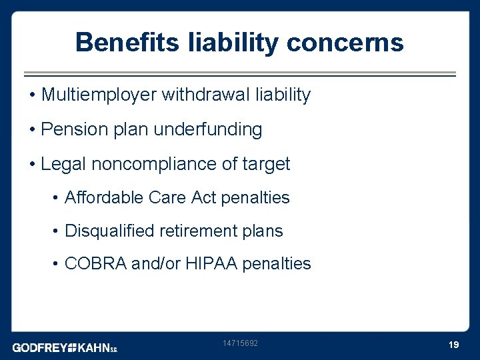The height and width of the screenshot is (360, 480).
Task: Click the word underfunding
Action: tap(208, 129)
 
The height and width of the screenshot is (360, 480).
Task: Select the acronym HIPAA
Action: tap(207, 264)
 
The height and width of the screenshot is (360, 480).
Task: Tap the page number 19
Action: tap(454, 345)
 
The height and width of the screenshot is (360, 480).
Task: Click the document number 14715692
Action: tap(240, 343)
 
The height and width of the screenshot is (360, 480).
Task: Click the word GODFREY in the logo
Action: tap(40, 347)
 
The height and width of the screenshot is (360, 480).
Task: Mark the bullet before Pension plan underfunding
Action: tap(33, 129)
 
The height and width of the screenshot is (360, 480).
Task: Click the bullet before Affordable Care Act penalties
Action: tap(57, 198)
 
